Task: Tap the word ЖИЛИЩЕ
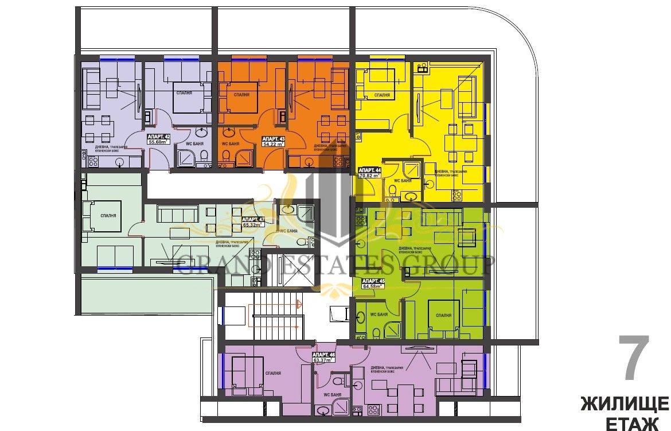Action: click(624, 403)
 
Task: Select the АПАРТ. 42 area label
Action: click(159, 139)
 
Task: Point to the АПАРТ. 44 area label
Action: click(369, 173)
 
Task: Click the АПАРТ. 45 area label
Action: click(373, 283)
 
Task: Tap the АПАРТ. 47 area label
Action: click(252, 222)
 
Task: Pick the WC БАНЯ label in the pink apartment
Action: click(333, 395)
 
